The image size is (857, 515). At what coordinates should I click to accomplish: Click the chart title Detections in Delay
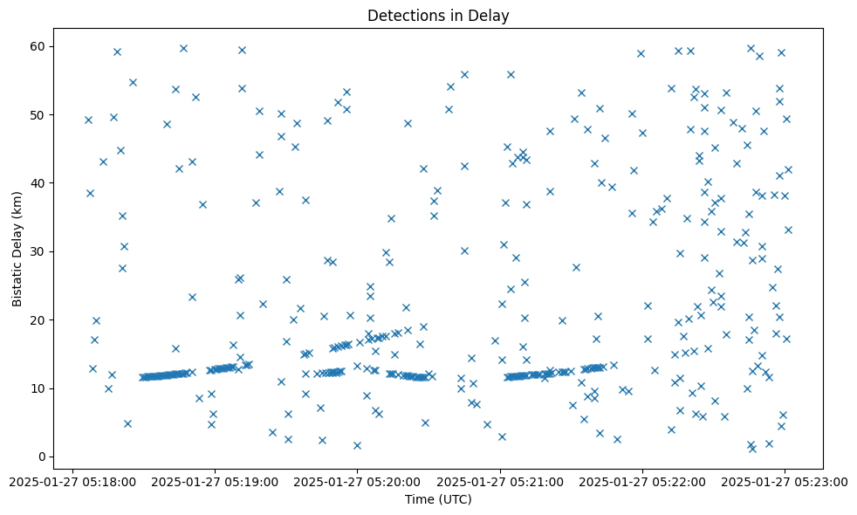tap(438, 16)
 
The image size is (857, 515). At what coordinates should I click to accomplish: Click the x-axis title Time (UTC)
tap(438, 499)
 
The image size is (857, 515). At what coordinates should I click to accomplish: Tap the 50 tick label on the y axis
tap(40, 114)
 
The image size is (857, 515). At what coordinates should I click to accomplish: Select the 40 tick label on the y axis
tap(40, 182)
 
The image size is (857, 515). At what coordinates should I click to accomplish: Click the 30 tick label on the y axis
tap(40, 251)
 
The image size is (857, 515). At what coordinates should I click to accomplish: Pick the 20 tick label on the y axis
tap(40, 319)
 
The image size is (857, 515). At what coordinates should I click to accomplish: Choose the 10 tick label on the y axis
tap(40, 388)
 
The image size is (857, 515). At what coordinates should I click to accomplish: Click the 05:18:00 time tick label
tap(72, 481)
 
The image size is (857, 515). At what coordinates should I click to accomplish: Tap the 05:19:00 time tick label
tap(215, 481)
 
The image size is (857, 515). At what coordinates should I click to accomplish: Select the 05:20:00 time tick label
tap(357, 481)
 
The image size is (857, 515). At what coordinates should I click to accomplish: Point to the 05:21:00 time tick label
tap(500, 481)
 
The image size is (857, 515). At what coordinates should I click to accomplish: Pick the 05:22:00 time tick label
tap(642, 481)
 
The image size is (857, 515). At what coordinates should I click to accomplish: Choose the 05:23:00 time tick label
tap(785, 481)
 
